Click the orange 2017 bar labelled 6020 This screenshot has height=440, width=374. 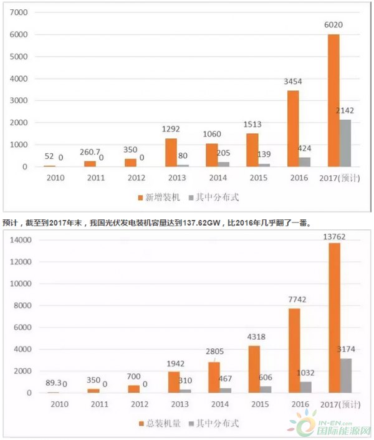(333, 100)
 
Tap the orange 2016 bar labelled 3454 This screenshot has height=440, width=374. (292, 128)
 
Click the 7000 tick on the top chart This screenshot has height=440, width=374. (20, 13)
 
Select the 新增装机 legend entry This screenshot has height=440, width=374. (158, 197)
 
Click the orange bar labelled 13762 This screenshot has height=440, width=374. (334, 318)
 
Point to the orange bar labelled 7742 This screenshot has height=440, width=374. (294, 350)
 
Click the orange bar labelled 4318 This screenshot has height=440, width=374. (254, 369)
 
